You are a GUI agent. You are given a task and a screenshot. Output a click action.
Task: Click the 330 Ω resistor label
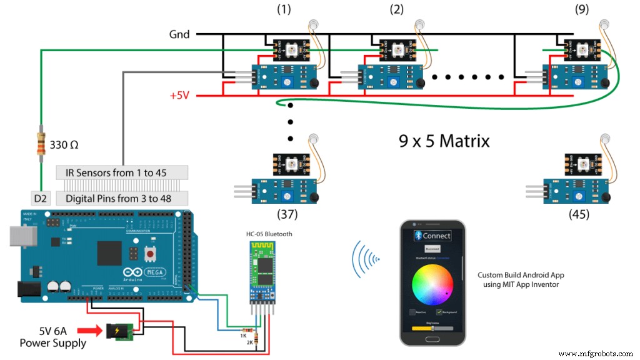(63, 145)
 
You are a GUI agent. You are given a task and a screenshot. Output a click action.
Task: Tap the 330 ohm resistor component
(41, 146)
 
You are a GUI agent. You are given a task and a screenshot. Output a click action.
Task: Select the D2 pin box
(41, 198)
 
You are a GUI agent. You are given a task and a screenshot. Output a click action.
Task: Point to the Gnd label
(179, 34)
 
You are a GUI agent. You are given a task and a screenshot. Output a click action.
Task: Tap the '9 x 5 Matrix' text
(444, 141)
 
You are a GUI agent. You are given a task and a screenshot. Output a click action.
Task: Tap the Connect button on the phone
(432, 236)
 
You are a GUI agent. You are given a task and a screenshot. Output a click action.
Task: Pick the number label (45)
(578, 214)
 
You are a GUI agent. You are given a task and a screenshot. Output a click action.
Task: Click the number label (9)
(582, 9)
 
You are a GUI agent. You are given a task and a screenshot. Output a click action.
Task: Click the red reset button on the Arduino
(150, 254)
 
